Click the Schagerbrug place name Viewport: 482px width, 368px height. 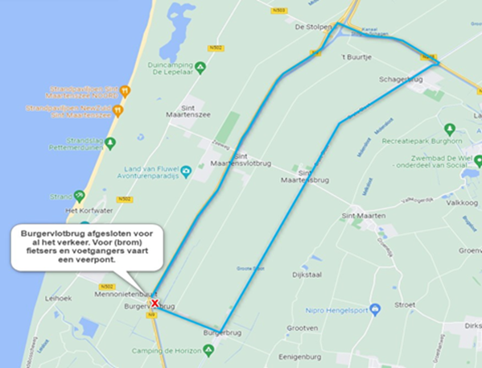[x=399, y=80]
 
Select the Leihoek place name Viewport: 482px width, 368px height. [x=60, y=297]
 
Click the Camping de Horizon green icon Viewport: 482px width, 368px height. [x=208, y=349]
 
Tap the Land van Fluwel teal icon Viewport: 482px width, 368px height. [x=187, y=172]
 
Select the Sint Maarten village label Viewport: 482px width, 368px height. [x=364, y=217]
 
